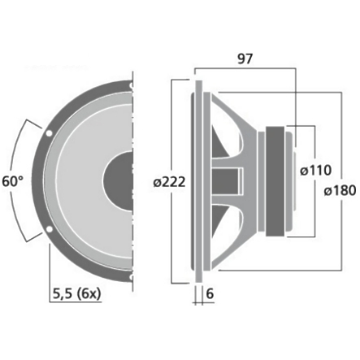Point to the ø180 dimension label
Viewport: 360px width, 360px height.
336,192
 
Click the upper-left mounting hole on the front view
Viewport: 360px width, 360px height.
50,131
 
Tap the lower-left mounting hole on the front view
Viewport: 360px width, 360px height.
50,230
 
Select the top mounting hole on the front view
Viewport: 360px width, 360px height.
128,85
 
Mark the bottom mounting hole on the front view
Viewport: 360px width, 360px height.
128,276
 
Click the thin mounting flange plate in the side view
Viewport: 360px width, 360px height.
198,180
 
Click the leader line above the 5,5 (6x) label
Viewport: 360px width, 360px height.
50,260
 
